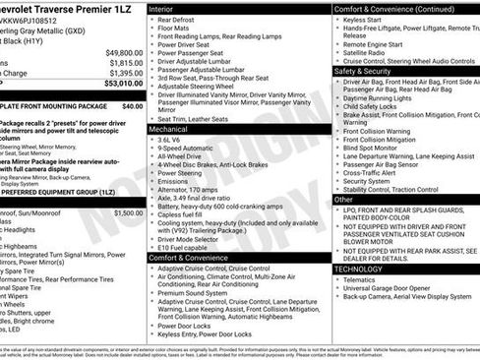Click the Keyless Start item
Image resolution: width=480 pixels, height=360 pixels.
(366, 20)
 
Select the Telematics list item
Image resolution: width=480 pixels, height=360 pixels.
(363, 279)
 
